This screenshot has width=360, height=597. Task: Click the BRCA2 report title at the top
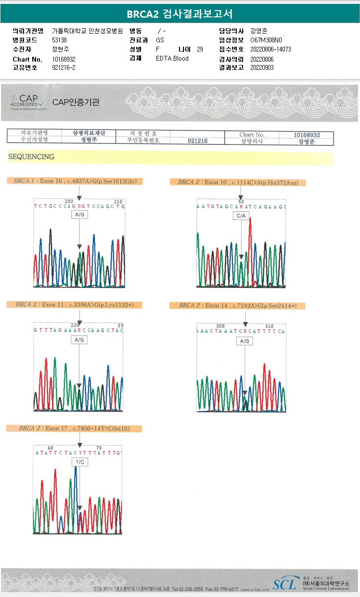point(180,14)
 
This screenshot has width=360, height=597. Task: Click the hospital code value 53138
point(59,40)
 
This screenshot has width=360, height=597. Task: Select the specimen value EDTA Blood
point(172,58)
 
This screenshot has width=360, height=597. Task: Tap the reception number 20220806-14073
point(270,49)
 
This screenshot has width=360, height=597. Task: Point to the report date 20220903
point(262,67)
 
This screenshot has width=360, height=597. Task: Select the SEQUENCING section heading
point(31,157)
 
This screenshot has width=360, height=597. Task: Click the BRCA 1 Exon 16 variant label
point(75,181)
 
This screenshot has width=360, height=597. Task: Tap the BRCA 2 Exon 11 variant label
point(75,305)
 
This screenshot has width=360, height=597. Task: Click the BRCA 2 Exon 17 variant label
point(74,428)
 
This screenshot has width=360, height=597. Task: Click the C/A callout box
point(241,216)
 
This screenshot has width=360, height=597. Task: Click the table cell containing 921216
point(197,141)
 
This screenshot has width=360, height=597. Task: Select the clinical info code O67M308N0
point(266,40)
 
